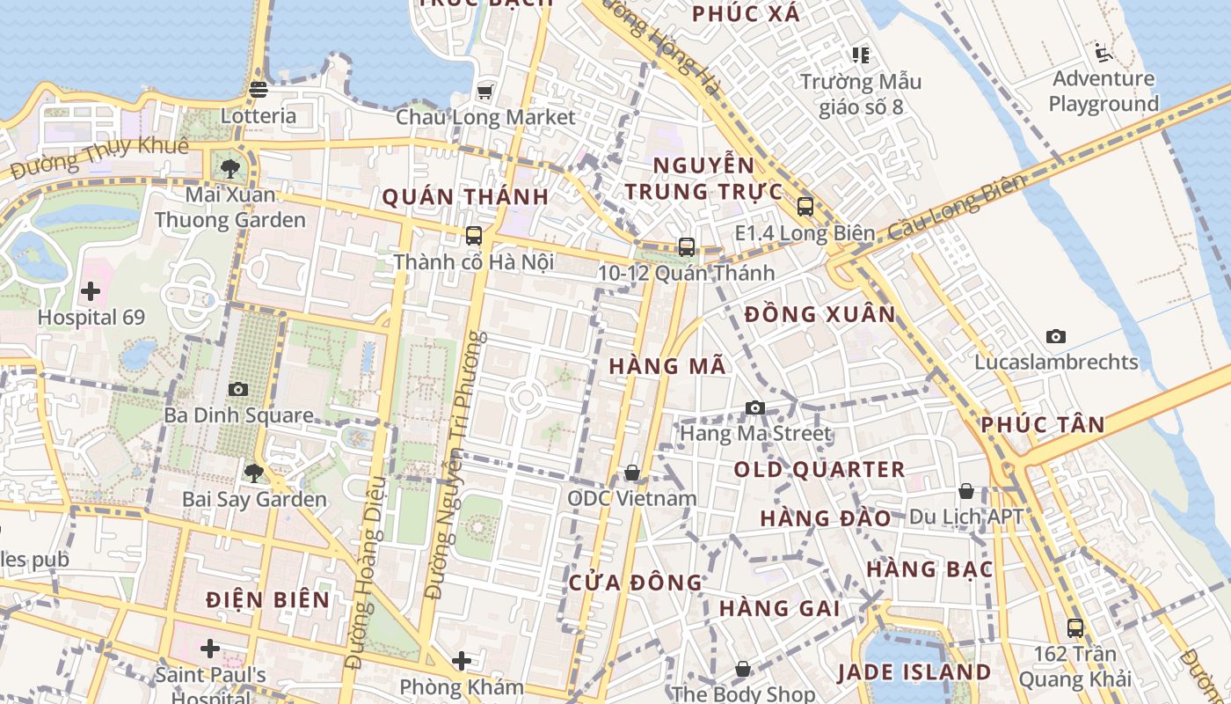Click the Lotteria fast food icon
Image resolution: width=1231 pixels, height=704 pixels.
259,89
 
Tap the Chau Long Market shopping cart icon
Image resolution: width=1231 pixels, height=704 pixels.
484,92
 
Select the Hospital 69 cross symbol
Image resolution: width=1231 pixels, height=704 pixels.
91,291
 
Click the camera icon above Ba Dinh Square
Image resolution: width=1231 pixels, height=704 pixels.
237,389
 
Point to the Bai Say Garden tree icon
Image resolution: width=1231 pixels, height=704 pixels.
253,473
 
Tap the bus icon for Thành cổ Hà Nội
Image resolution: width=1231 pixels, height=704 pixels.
473,236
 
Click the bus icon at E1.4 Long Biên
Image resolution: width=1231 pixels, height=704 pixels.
805,207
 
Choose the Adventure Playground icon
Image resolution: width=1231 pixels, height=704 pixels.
1104,53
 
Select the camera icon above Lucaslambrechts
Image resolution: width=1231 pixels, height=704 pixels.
1056,336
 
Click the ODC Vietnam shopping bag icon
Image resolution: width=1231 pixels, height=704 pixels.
631,473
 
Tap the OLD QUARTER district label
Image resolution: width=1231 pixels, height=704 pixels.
819,470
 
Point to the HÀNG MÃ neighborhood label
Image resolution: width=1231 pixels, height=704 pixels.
668,366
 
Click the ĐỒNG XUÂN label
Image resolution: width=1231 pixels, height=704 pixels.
819,314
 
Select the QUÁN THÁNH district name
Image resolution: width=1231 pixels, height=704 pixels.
465,196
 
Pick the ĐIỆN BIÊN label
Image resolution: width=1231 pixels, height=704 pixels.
268,600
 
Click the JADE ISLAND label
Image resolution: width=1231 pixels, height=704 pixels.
914,672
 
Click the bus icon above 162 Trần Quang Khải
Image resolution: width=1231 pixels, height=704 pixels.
1074,627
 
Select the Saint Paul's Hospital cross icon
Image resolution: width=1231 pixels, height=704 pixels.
209,649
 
